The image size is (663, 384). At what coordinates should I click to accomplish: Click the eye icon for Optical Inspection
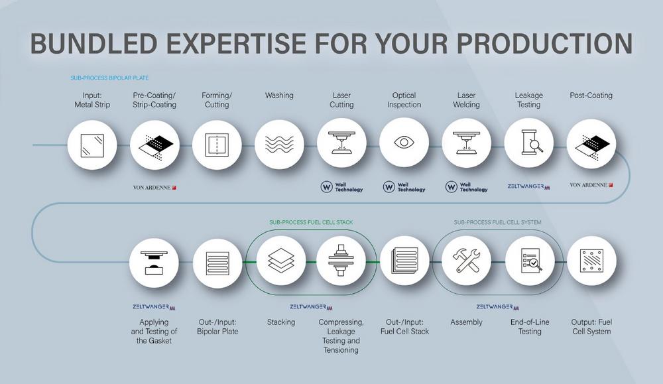tap(404, 142)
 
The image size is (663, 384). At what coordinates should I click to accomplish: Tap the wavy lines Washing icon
tap(279, 144)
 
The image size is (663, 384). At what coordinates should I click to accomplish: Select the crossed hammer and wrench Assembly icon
tap(466, 260)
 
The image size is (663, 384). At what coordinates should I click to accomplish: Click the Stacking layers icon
tap(280, 260)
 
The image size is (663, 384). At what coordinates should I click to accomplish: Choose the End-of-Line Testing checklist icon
tap(530, 261)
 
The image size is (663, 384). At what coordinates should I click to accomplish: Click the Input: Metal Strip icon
tap(92, 145)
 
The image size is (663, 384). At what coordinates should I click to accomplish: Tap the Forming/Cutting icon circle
tap(217, 145)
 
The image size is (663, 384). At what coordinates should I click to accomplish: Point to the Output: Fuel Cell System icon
tap(591, 261)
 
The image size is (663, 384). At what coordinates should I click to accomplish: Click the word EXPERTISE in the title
tap(235, 43)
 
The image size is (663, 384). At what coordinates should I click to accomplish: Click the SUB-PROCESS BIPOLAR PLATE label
tap(109, 78)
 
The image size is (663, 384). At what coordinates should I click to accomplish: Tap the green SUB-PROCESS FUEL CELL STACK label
tap(311, 222)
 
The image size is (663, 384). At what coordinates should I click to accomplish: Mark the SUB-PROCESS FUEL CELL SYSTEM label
tap(497, 222)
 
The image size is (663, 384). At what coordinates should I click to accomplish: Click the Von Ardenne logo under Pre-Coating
tap(154, 187)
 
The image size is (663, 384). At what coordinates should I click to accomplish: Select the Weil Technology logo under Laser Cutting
tap(341, 186)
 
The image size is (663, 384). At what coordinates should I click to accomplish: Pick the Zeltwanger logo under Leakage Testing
tap(529, 186)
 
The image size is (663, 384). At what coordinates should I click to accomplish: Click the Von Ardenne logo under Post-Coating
tap(591, 185)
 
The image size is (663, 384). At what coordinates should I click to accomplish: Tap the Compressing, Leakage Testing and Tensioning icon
tap(341, 260)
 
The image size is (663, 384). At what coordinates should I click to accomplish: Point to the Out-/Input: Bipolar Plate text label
tap(217, 327)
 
